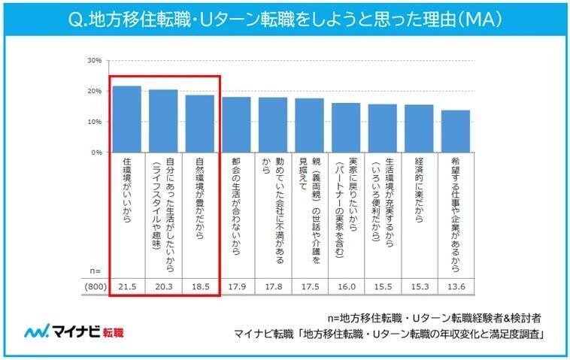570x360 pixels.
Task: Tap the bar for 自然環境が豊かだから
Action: tap(200, 123)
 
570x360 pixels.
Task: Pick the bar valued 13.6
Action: tap(456, 131)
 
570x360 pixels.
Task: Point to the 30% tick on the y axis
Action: tap(94, 60)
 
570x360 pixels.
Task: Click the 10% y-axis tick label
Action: tap(94, 121)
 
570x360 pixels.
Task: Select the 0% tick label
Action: tap(96, 152)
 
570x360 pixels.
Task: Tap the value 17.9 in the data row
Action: tap(237, 286)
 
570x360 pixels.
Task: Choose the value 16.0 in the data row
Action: tap(346, 286)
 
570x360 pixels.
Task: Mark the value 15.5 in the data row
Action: tap(383, 286)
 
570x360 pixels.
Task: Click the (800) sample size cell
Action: tap(94, 286)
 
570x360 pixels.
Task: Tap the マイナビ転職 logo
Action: tap(74, 331)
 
